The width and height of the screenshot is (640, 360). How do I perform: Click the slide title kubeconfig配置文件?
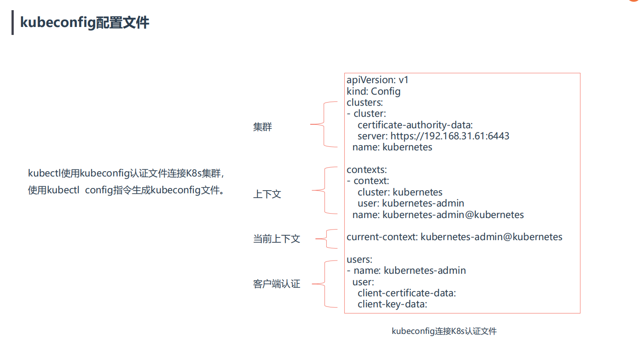[x=85, y=23]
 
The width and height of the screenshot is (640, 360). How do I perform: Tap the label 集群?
[x=262, y=127]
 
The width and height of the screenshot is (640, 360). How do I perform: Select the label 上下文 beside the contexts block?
[x=267, y=195]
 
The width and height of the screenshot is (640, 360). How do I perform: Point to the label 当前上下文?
[x=277, y=239]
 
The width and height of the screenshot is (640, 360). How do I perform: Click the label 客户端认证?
[x=277, y=284]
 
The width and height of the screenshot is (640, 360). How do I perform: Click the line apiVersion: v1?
[x=378, y=80]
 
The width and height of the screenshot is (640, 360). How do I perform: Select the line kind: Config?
[x=374, y=92]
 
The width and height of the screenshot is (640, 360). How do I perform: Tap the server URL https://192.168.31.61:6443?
[x=450, y=136]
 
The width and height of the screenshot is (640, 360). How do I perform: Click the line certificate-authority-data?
[x=415, y=125]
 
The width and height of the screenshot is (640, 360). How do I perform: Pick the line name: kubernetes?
[x=392, y=147]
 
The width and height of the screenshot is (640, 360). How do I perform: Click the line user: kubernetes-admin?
[x=411, y=203]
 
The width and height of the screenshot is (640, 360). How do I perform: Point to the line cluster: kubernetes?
[x=400, y=192]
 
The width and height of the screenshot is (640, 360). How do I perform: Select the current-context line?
[x=454, y=237]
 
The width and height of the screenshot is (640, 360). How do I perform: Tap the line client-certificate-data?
[x=407, y=293]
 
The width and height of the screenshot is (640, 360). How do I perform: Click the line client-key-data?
[x=392, y=304]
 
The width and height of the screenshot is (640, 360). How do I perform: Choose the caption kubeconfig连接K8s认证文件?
[x=444, y=331]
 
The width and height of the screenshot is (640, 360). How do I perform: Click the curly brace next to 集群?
[x=324, y=124]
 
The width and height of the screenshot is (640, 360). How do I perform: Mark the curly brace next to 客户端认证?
[x=324, y=283]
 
